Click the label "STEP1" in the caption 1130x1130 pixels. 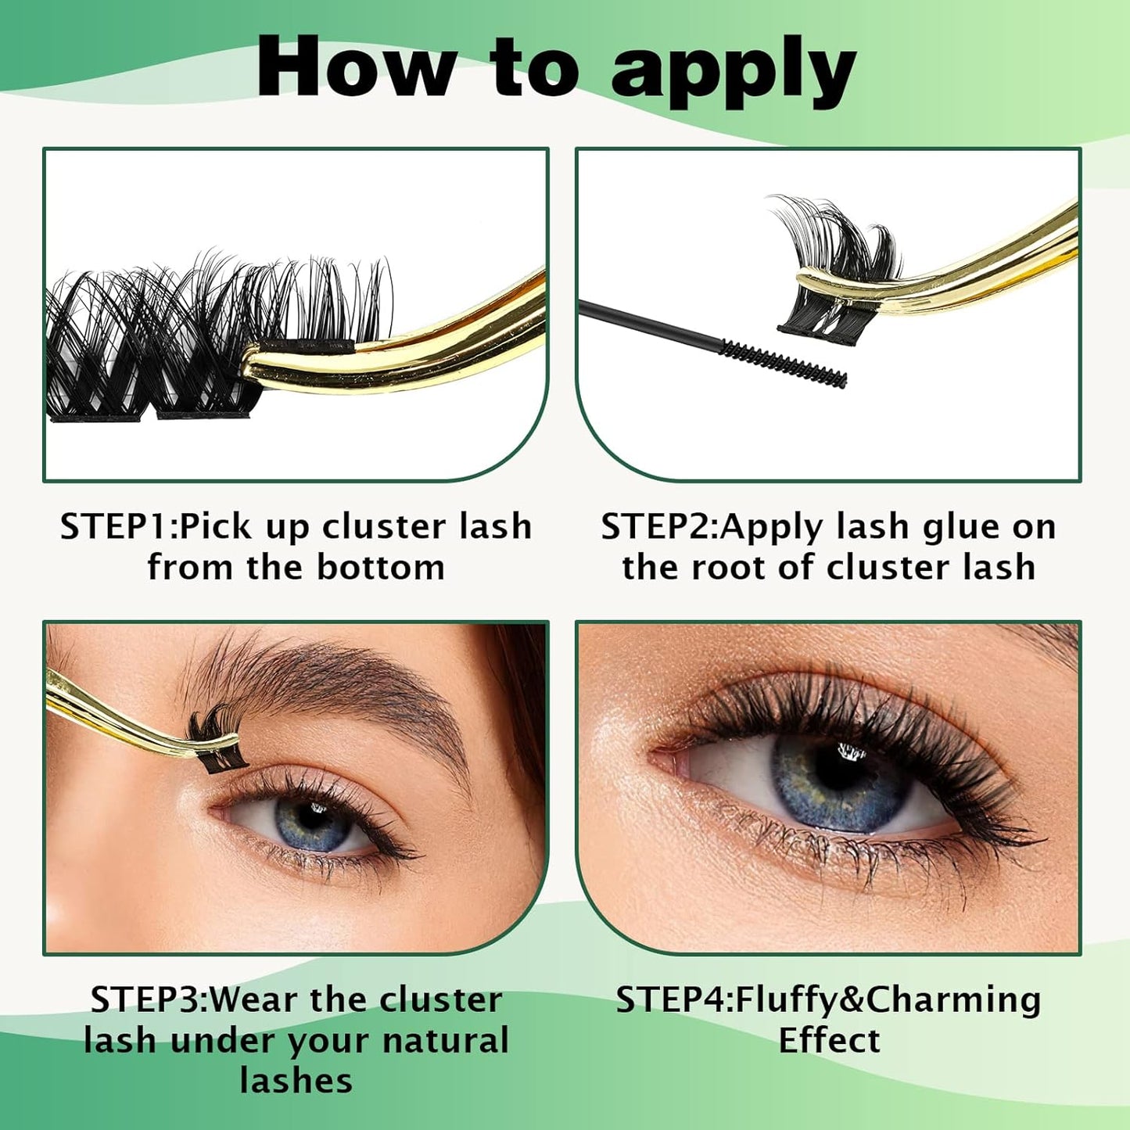116,527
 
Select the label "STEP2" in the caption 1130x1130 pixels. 657,527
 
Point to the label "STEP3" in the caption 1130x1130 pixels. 146,1000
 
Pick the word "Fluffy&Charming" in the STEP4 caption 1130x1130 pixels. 888,1000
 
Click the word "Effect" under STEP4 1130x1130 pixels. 829,1041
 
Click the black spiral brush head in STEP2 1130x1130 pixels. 783,364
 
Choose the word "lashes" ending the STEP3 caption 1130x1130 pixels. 296,1082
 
